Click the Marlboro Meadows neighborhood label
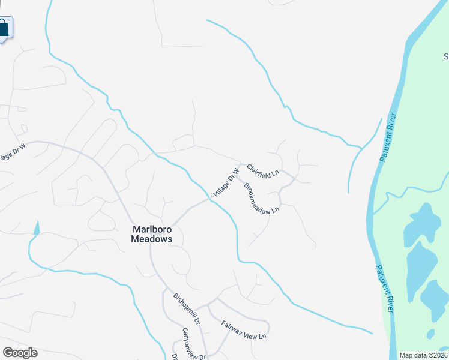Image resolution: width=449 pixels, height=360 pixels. pos(152,233)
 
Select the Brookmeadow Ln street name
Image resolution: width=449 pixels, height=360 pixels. pos(262,197)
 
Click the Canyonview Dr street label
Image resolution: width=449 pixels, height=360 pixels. pos(194,344)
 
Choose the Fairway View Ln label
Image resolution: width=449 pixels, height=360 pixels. pos(244,329)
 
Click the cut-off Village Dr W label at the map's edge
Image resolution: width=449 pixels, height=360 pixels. pos(13,151)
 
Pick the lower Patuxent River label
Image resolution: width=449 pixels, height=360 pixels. pos(384,288)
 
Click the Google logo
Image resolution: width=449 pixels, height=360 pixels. pos(20,353)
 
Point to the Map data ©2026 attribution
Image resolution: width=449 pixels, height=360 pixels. pos(424,355)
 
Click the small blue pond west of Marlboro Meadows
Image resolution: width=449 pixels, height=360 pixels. pos(37,227)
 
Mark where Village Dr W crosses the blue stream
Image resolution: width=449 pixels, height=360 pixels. pos(212,197)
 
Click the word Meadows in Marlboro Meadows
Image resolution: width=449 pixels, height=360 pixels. pos(152,239)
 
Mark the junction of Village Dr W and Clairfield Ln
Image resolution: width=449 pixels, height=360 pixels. pos(241,164)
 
